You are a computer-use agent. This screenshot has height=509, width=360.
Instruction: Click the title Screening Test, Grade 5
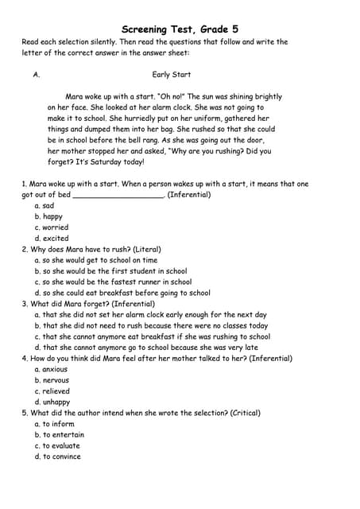[180, 29]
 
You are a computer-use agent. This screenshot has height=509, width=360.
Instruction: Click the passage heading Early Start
[172, 75]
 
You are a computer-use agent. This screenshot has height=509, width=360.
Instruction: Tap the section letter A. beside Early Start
[37, 75]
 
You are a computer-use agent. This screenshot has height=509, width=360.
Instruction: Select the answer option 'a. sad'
[44, 205]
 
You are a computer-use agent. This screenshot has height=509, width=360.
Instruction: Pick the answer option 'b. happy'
[48, 216]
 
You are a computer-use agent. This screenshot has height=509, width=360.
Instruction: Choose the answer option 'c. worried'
[51, 227]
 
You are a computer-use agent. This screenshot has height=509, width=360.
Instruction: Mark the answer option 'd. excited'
[51, 239]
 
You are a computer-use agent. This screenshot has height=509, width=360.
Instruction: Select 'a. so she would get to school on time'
[95, 260]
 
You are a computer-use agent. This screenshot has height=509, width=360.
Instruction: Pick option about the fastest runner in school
[113, 282]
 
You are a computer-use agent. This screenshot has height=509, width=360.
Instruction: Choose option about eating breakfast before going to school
[122, 293]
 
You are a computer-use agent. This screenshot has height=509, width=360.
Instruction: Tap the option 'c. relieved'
[52, 391]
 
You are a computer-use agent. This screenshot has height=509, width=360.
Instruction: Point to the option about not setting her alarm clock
[150, 314]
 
